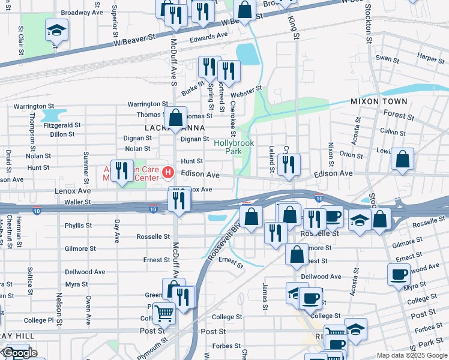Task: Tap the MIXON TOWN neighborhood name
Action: [x=379, y=101]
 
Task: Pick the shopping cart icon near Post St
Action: [x=163, y=313]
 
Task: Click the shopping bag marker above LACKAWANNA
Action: [x=176, y=118]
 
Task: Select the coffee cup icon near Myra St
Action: [x=399, y=275]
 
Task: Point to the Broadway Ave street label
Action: [x=82, y=12]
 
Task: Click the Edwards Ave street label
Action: [x=209, y=35]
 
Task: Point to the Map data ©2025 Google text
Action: [x=411, y=355]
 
